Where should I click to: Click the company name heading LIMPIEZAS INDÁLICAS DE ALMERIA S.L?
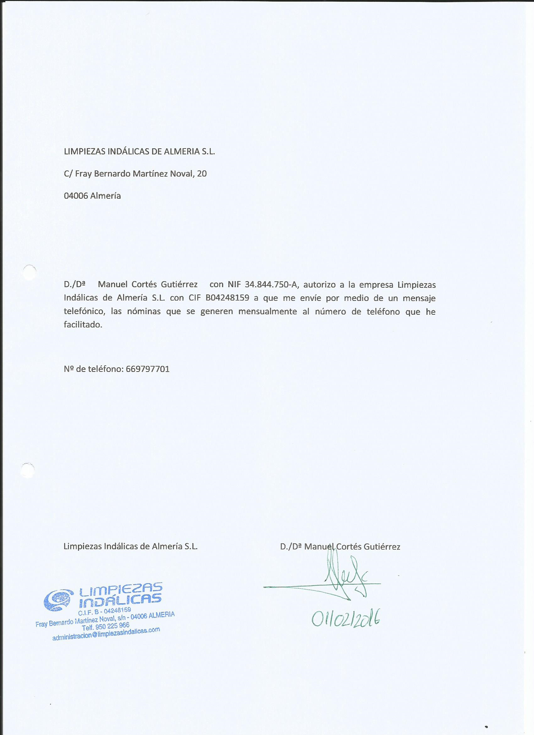(x=139, y=152)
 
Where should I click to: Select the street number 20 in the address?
(x=201, y=174)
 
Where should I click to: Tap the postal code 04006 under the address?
(x=76, y=196)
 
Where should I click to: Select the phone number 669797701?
(x=146, y=369)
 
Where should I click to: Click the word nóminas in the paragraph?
(x=144, y=312)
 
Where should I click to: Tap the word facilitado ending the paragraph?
(x=83, y=325)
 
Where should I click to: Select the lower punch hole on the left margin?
(x=28, y=470)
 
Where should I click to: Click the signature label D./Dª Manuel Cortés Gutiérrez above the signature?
(x=340, y=547)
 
